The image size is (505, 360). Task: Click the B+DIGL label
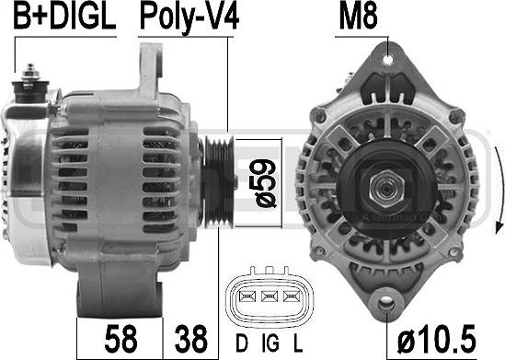[64, 17]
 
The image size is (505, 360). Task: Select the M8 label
[358, 17]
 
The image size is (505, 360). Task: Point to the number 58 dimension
[121, 339]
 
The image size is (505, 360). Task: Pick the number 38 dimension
[191, 339]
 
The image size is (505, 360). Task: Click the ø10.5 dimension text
[437, 339]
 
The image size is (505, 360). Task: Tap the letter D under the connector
[242, 343]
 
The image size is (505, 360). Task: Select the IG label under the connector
[270, 343]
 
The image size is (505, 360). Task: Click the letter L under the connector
[298, 343]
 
